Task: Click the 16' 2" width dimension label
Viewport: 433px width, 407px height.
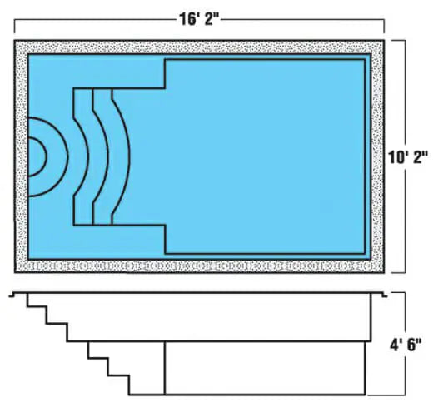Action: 199,19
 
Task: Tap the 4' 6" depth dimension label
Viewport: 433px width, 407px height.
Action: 406,345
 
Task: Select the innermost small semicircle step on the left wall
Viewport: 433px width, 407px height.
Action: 37,156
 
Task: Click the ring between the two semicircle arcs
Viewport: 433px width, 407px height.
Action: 57,157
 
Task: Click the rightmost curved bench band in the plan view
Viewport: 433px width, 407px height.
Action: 120,156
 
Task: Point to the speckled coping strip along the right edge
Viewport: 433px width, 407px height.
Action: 378,156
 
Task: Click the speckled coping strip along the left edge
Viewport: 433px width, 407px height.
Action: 21,156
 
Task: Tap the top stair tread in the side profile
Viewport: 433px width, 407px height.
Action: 37,306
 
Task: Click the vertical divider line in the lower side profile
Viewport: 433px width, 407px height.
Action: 165,368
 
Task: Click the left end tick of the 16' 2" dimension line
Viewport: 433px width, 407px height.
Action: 15,27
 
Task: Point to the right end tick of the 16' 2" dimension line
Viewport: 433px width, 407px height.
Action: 384,27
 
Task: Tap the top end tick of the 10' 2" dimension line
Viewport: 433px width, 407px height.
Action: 398,41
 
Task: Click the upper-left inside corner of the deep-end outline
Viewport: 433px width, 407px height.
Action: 166,60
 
